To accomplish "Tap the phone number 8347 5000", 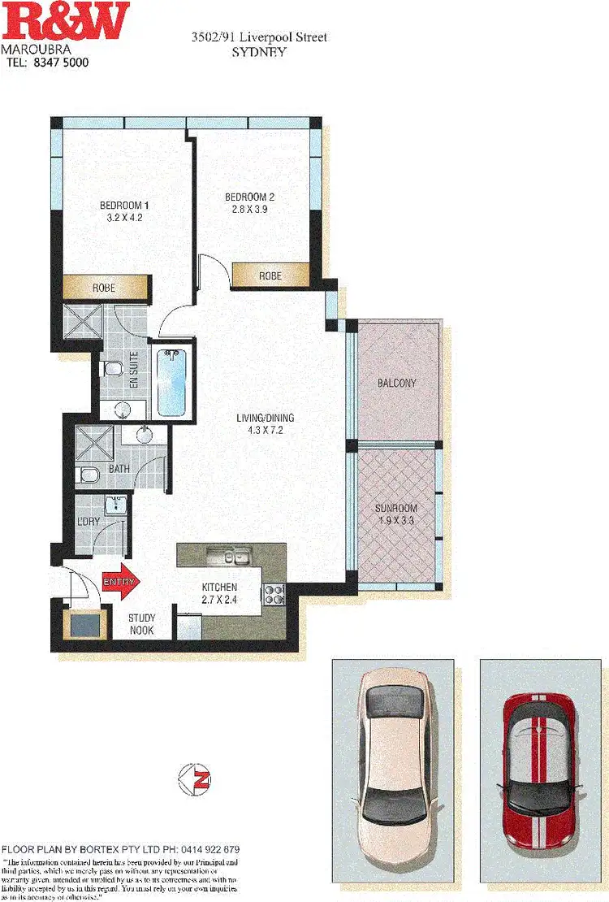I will click(58, 62).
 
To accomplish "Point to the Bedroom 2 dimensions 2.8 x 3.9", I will click(249, 209).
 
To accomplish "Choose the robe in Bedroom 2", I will click(270, 275).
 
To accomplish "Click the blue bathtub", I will click(171, 382).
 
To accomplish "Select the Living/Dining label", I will click(265, 418).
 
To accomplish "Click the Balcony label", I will click(397, 383).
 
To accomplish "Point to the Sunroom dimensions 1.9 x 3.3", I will click(396, 521).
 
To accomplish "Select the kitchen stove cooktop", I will click(274, 596).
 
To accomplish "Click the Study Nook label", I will click(142, 623).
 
